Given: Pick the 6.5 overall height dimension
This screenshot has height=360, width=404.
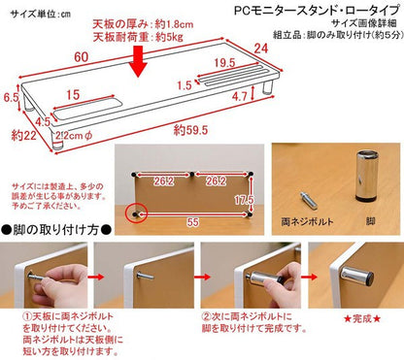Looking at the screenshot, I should coord(12,97).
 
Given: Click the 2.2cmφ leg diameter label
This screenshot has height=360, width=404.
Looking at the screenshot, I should coord(72,134).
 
